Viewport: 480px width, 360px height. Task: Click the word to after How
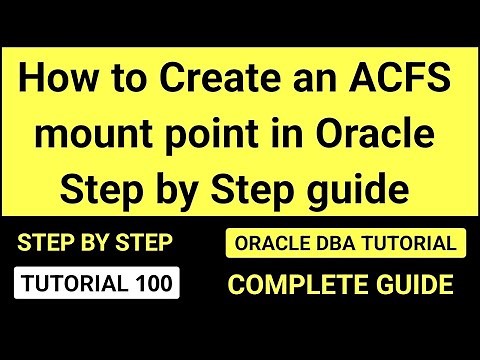(x=115, y=78)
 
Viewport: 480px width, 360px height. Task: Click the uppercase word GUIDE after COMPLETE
(x=410, y=285)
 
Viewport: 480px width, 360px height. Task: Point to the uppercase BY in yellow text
(x=94, y=243)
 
